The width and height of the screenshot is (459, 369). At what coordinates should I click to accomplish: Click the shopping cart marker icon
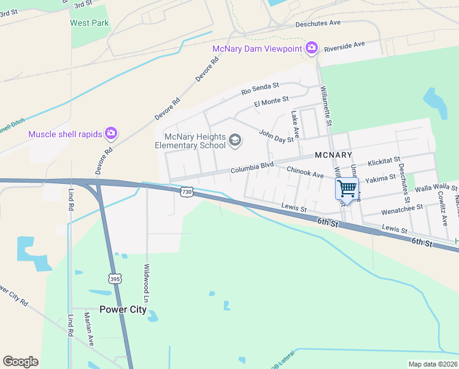347,188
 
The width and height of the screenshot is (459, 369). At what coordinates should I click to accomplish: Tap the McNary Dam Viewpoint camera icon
312,48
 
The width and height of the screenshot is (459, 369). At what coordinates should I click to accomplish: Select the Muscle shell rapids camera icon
111,133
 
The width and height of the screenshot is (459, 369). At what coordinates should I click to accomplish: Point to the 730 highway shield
188,192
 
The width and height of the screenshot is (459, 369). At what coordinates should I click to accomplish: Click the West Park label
90,23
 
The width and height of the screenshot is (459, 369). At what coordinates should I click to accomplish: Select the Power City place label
123,309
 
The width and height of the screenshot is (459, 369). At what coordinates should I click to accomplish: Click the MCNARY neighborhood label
333,155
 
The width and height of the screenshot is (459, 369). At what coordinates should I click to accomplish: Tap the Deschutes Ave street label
317,23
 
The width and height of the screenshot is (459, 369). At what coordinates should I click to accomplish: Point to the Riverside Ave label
344,46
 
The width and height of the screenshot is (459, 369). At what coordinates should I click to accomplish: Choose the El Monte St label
271,101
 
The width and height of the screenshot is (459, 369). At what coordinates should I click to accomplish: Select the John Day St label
276,136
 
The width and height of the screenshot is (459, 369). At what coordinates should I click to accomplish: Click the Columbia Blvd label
252,167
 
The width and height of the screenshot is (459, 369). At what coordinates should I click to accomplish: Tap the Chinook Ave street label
305,175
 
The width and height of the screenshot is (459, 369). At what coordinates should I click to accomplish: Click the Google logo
20,362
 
